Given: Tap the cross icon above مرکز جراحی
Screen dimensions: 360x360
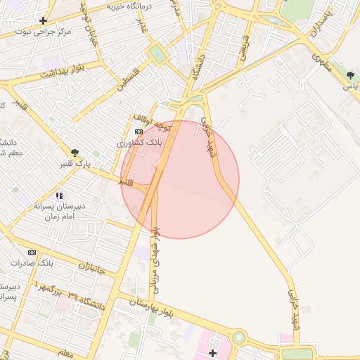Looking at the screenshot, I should (x=44, y=20).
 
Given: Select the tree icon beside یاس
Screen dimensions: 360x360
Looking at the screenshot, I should (x=350, y=75).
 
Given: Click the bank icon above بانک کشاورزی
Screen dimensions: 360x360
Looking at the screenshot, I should (x=139, y=131).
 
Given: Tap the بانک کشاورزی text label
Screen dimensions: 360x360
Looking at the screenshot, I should (x=139, y=142).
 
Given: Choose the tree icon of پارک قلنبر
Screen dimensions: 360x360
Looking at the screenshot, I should (x=74, y=153).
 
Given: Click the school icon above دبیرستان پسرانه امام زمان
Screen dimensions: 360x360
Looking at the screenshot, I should (x=60, y=195).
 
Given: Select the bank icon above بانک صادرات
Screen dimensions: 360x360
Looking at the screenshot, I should (x=32, y=252).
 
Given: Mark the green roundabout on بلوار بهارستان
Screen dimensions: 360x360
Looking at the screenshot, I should (x=239, y=337).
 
